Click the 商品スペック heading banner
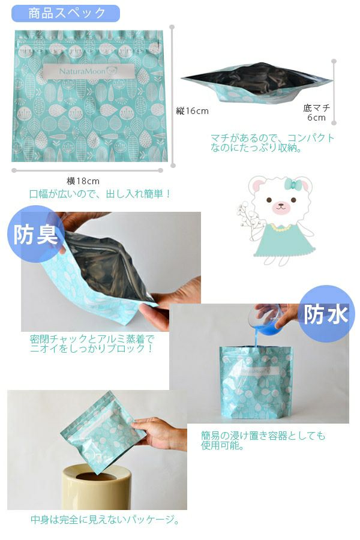point(66,13)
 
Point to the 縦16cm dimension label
point(192,111)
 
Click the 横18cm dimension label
point(83,181)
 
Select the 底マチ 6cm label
point(317,113)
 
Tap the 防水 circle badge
point(325,314)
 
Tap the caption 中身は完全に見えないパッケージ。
point(105,520)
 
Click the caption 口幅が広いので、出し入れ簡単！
point(100,194)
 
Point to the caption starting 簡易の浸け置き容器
point(263,440)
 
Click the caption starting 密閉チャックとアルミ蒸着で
point(92,344)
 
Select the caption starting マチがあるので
point(272,143)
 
